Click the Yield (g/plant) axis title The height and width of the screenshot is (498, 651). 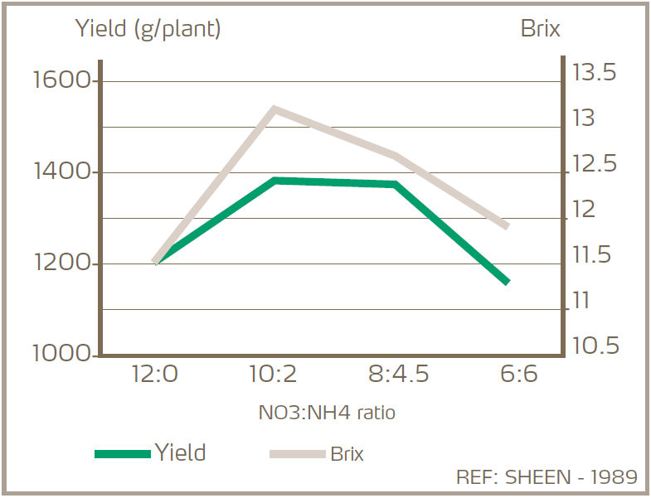point(148,29)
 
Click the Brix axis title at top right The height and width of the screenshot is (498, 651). point(540,29)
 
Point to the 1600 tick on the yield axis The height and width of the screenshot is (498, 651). point(61,81)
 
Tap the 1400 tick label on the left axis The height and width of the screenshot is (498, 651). point(61,172)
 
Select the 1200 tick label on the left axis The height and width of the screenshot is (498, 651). point(61,264)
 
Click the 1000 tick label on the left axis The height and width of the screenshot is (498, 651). point(61,354)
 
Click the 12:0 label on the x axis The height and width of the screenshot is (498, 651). point(154,375)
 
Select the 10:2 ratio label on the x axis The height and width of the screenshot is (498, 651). point(273,375)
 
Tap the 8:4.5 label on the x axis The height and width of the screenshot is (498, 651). point(398,375)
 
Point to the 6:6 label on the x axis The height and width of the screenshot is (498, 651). point(518,375)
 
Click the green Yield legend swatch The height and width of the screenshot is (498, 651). point(122,453)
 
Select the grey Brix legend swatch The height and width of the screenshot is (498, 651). point(297,453)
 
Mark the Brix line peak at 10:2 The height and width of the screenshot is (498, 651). point(274,109)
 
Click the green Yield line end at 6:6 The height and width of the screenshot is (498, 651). point(507,282)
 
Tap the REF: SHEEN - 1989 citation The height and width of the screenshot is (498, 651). point(547,477)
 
